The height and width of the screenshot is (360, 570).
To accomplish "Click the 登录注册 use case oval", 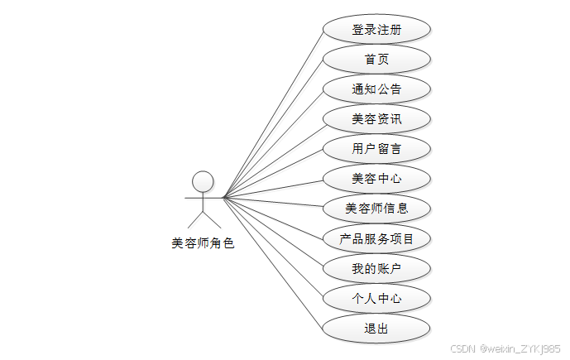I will [x=376, y=29].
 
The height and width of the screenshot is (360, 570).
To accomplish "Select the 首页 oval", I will [x=376, y=59].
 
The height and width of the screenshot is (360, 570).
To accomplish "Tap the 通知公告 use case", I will [x=376, y=89].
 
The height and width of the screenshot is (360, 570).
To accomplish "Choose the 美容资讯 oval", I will [x=376, y=119].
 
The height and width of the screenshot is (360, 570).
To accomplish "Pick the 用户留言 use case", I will [x=376, y=149].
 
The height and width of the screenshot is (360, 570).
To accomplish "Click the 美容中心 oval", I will [x=376, y=179].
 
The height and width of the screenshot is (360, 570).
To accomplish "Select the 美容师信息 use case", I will [x=376, y=209].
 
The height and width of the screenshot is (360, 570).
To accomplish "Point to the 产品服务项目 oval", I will [x=376, y=239].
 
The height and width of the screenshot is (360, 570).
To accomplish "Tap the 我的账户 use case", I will [x=376, y=269].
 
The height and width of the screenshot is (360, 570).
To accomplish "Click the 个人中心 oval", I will [x=376, y=299].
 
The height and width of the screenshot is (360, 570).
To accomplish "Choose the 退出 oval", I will [x=376, y=329].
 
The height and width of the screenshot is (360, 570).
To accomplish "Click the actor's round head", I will [x=203, y=180].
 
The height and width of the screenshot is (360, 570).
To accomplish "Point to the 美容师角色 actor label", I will [x=203, y=243].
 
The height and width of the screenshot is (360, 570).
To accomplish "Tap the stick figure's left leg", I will [x=194, y=218].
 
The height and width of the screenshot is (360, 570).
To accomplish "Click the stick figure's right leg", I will [x=212, y=218].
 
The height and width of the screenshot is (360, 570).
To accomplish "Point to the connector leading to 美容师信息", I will [x=273, y=204].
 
